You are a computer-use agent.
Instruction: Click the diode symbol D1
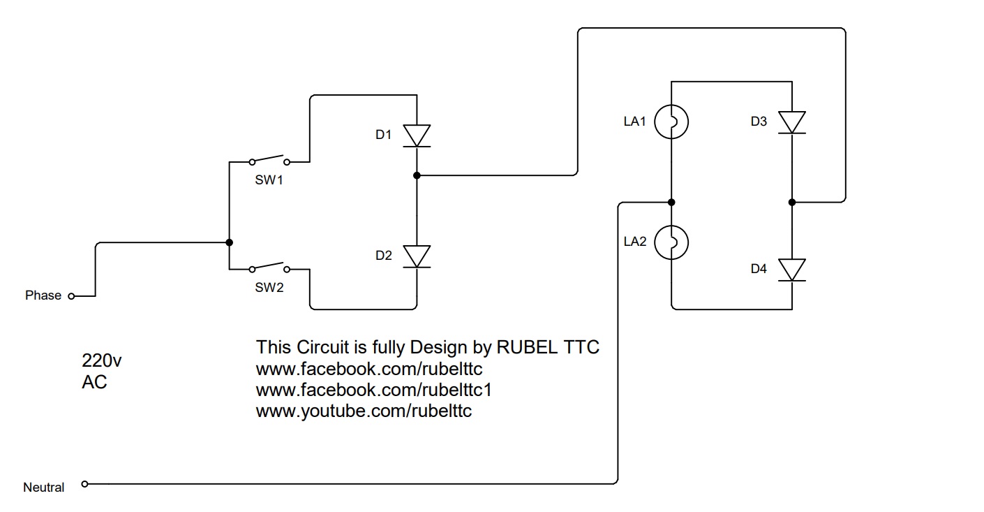tap(417, 136)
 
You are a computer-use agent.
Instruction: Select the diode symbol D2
tap(417, 256)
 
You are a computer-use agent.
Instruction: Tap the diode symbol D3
tap(792, 122)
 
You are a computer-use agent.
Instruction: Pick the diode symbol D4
tap(792, 270)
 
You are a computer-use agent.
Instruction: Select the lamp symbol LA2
tap(671, 242)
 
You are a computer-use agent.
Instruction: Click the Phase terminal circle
tap(70, 296)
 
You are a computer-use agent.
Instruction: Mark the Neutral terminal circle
tap(85, 483)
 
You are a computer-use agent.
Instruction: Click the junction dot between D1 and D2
tap(417, 175)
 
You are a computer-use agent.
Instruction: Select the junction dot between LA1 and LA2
tap(671, 203)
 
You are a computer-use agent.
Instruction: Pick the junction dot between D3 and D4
tap(792, 203)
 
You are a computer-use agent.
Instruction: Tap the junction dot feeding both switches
tap(229, 242)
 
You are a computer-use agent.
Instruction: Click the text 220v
tap(102, 361)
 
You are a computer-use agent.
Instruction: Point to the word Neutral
tap(44, 488)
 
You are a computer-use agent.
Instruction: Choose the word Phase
tap(43, 295)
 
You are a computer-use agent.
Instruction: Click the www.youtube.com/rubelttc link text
tap(364, 411)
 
